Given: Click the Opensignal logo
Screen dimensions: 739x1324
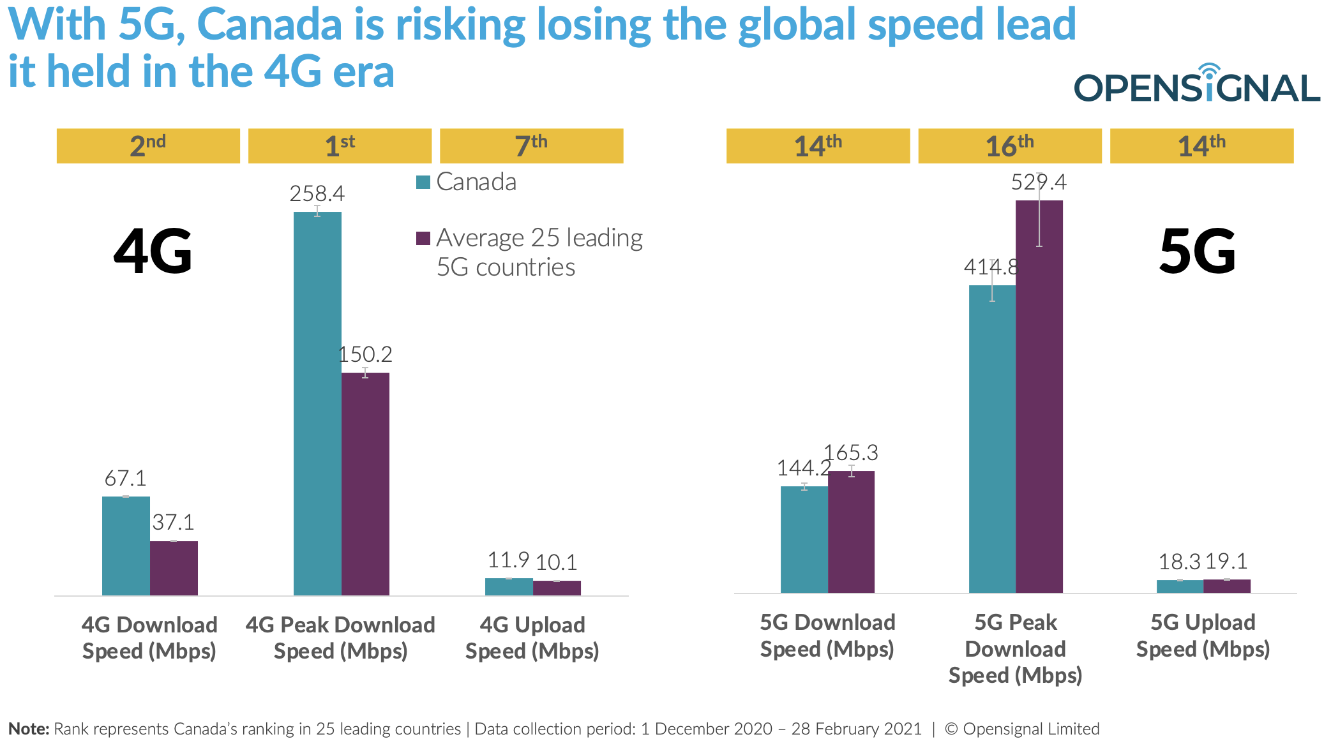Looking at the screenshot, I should point(1196,86).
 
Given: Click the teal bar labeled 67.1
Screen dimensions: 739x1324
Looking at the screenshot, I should point(126,546).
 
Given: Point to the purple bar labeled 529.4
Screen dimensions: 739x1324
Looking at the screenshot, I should point(1039,396).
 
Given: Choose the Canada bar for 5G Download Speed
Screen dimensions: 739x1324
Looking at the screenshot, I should point(804,539).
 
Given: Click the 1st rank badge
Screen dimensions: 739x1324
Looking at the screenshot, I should point(340,146).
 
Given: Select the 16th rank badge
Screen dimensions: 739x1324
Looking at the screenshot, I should point(1009,146).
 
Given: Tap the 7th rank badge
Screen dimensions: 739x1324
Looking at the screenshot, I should point(531,146).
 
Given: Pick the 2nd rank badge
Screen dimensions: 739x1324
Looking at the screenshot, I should point(148,146).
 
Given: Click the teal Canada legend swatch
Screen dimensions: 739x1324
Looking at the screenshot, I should point(423,183).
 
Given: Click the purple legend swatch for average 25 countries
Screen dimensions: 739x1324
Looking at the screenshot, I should point(423,238).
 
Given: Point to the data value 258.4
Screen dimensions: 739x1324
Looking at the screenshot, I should point(317,193).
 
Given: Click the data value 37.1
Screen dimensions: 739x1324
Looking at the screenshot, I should point(173,523).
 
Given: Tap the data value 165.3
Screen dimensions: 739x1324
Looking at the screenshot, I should point(851,453).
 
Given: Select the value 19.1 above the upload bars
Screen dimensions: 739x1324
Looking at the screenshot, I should point(1226,562).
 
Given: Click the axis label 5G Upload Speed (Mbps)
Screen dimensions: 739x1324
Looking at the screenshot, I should point(1203,636).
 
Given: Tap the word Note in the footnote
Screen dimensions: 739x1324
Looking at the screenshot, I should point(28,729).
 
